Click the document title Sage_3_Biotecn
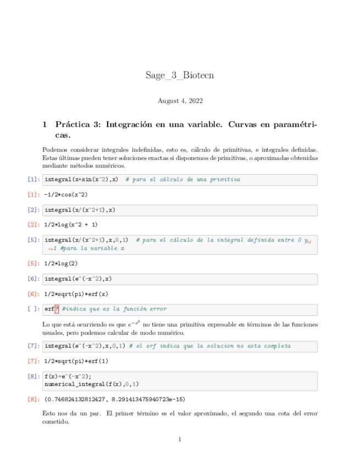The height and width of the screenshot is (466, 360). pyautogui.click(x=180, y=75)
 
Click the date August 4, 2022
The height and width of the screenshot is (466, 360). pyautogui.click(x=180, y=101)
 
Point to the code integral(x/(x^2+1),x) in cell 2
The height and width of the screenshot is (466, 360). pyautogui.click(x=80, y=210)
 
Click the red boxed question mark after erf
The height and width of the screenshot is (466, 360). pyautogui.click(x=57, y=309)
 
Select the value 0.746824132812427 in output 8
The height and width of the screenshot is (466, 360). pyautogui.click(x=82, y=399)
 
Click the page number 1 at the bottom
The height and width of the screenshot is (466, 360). pyautogui.click(x=180, y=439)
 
